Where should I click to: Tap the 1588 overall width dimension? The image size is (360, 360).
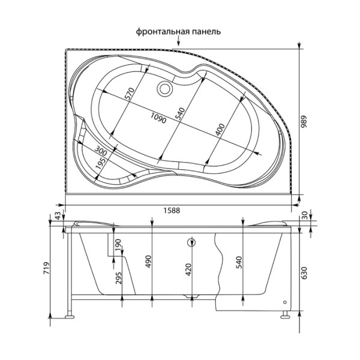tap(172, 210)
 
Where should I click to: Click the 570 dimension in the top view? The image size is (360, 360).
tap(127, 94)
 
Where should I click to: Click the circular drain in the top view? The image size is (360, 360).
tap(164, 89)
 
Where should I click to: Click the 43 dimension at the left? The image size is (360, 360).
tap(58, 216)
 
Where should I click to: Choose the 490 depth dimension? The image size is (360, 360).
tap(149, 261)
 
